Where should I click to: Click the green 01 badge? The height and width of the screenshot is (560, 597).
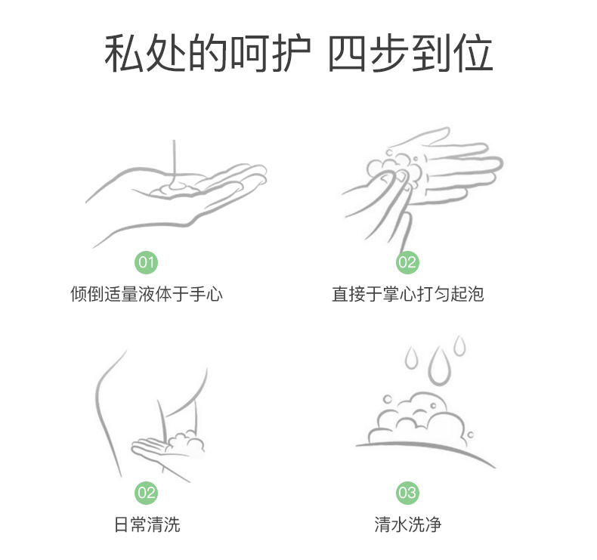[x=146, y=262]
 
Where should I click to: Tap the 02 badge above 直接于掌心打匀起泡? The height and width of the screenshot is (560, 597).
[x=407, y=262]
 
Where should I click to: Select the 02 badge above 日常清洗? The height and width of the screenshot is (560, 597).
[x=146, y=493]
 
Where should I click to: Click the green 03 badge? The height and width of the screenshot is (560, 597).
[x=407, y=493]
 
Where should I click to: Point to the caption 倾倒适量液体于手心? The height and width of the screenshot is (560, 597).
[x=147, y=294]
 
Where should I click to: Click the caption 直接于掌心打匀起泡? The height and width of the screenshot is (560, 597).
[x=408, y=294]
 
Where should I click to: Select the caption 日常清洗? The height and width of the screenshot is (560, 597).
[x=147, y=524]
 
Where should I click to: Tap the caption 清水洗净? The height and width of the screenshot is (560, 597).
[x=408, y=524]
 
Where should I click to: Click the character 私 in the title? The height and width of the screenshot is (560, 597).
[x=124, y=53]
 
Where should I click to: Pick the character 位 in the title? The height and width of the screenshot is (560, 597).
[x=473, y=53]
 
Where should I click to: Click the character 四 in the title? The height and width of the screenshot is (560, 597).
[x=347, y=54]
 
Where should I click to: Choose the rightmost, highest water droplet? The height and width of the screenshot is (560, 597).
[x=459, y=345]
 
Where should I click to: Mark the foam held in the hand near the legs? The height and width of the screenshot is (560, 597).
[x=185, y=442]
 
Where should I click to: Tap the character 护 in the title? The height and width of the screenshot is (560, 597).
[x=291, y=53]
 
